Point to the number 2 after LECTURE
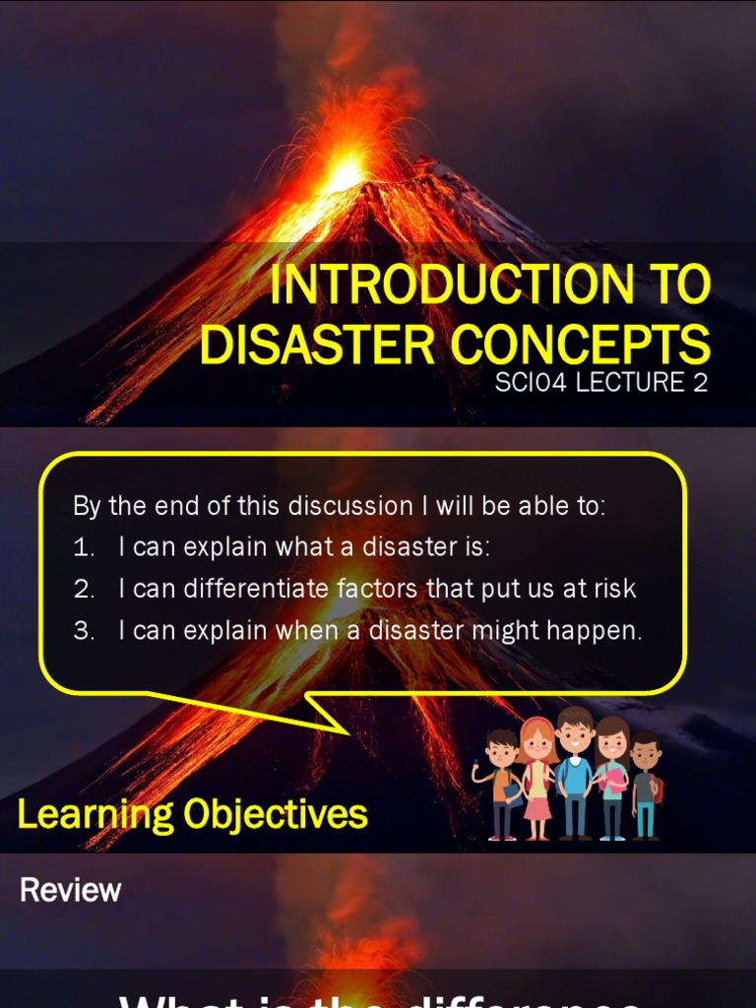(700, 383)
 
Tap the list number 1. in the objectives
(84, 547)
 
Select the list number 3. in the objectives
(84, 631)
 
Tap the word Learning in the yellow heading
(80, 815)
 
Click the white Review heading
(71, 890)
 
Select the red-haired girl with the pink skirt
(537, 778)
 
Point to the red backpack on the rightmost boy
(658, 787)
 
